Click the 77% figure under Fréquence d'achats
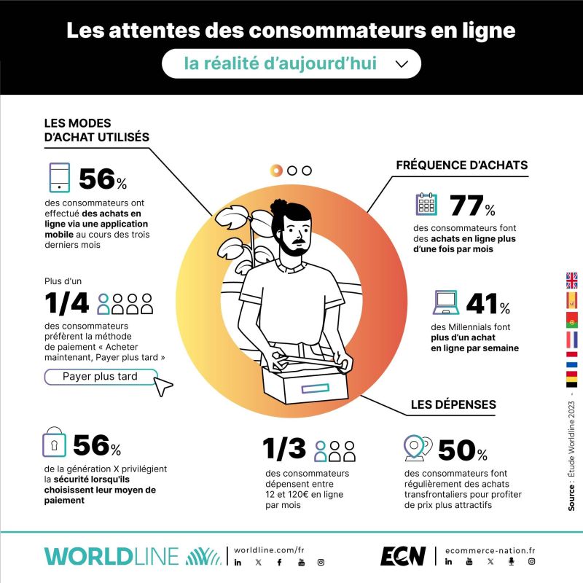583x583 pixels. [472, 206]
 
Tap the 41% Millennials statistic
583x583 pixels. [488, 303]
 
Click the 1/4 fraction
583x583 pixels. [67, 303]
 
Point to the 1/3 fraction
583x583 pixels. [284, 448]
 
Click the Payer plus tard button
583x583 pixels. [101, 377]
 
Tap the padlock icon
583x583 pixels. [54, 442]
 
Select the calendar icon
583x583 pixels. [426, 204]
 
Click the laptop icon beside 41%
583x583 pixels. [446, 302]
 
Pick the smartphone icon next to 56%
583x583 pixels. [60, 177]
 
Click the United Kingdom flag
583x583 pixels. [572, 281]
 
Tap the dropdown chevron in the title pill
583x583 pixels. [402, 64]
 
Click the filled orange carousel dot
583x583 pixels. [276, 171]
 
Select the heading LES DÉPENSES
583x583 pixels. [453, 404]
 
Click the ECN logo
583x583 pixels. [403, 556]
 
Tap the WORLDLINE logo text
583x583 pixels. [111, 557]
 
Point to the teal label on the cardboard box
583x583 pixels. [316, 388]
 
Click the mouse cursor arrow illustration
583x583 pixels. [163, 386]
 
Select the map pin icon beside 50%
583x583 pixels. [418, 448]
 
